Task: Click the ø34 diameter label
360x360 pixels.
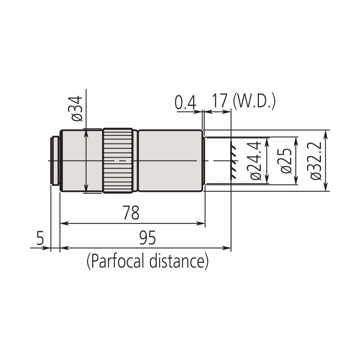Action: click(x=77, y=109)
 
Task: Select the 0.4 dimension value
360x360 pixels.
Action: click(x=185, y=103)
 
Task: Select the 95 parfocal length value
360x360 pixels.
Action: click(x=147, y=238)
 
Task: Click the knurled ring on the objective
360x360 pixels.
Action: click(x=118, y=160)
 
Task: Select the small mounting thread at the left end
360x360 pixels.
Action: click(x=55, y=160)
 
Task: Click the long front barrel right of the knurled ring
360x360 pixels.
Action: click(x=170, y=160)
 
